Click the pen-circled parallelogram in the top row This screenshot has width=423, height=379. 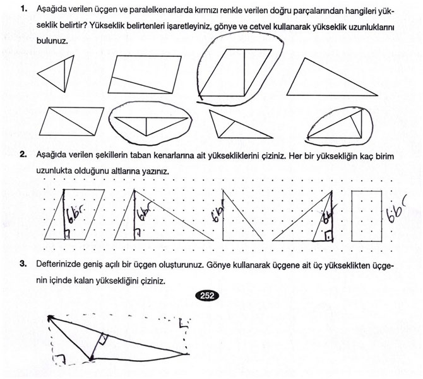pos(234,68)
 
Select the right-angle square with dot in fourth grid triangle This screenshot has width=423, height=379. pos(328,236)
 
